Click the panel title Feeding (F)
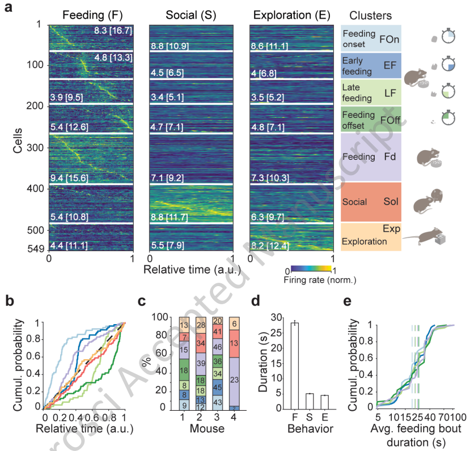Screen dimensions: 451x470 pyautogui.click(x=90, y=14)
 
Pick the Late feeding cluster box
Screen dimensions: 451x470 pyautogui.click(x=371, y=92)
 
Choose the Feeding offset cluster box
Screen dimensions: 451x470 pyautogui.click(x=371, y=119)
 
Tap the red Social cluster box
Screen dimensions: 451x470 pyautogui.click(x=371, y=202)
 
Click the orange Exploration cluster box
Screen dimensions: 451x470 pyautogui.click(x=371, y=236)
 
